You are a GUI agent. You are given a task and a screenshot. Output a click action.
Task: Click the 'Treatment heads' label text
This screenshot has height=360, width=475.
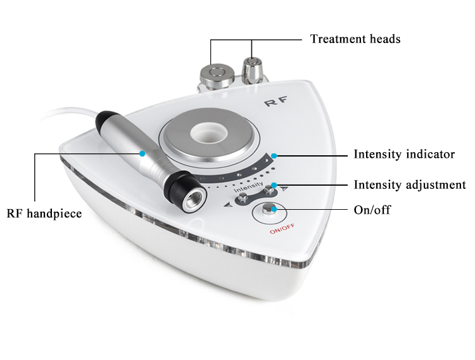[x=355, y=39]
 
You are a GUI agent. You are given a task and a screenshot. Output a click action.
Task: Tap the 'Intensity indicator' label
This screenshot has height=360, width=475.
[x=404, y=155]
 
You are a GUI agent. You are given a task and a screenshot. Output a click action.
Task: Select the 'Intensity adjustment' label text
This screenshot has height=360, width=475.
[x=410, y=185]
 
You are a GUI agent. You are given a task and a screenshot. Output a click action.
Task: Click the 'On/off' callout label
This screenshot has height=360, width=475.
[x=372, y=210]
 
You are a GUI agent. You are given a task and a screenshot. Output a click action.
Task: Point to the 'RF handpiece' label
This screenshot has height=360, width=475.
[x=44, y=214]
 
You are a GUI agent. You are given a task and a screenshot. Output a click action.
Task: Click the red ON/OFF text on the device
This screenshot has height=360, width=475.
[x=282, y=229]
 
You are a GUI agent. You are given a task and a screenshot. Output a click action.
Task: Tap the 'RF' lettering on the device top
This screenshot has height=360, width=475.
[x=275, y=101]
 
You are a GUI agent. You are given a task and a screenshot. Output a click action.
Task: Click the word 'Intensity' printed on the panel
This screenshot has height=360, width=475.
[x=248, y=187]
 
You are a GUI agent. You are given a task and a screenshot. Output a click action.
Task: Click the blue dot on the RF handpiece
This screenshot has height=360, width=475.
[x=142, y=154]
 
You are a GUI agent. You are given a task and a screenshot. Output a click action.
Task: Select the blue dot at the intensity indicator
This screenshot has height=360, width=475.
[x=274, y=156]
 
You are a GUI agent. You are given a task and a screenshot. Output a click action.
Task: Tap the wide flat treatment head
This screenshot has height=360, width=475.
[x=217, y=75]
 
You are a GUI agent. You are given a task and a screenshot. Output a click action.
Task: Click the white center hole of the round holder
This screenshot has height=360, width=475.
[x=209, y=133]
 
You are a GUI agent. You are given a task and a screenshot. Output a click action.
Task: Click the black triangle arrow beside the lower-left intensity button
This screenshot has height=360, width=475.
[x=228, y=205]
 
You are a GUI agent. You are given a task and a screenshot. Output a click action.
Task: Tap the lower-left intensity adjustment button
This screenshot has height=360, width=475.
[x=243, y=198]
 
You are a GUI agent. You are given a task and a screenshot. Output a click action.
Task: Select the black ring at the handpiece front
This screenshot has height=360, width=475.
[x=182, y=188]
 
